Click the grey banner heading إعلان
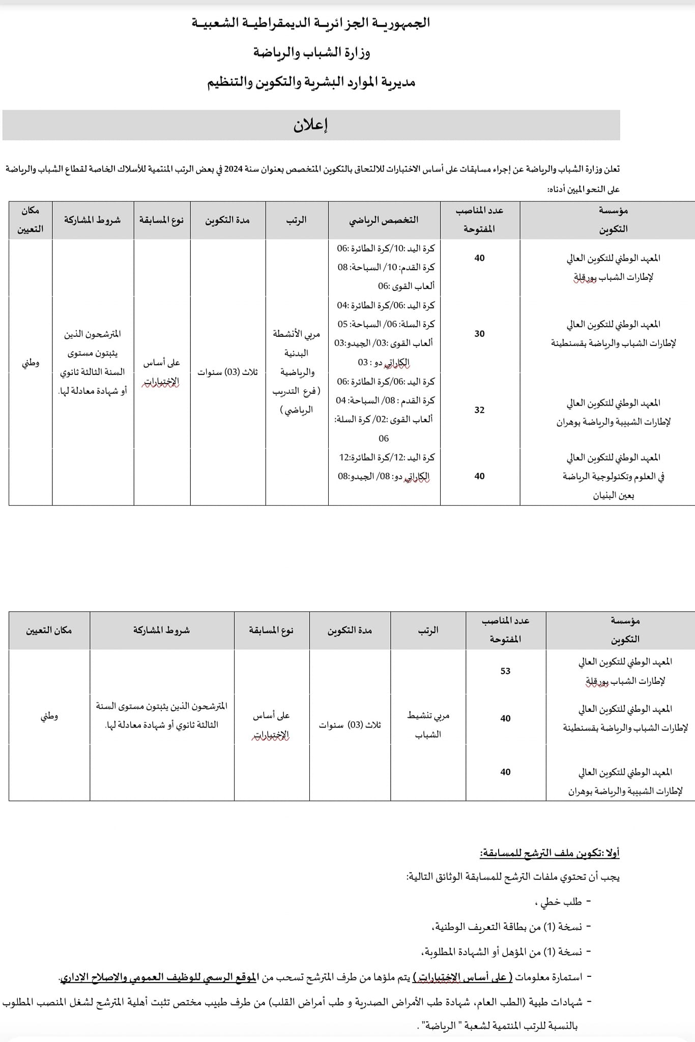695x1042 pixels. (310, 125)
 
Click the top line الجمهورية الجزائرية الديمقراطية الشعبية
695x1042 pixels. (310, 23)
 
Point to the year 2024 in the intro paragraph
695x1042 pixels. (233, 169)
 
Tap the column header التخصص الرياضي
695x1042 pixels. (384, 220)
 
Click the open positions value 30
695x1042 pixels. (479, 334)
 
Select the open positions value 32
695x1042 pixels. (479, 410)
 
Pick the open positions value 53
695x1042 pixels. (505, 671)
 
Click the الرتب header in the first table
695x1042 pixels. (296, 220)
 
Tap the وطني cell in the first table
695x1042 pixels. (31, 363)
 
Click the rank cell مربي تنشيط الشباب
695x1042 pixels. (428, 725)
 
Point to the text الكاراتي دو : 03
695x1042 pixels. (384, 362)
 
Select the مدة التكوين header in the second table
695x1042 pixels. (350, 630)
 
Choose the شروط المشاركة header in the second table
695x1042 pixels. (161, 630)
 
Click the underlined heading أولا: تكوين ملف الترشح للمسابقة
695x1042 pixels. (549, 853)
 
